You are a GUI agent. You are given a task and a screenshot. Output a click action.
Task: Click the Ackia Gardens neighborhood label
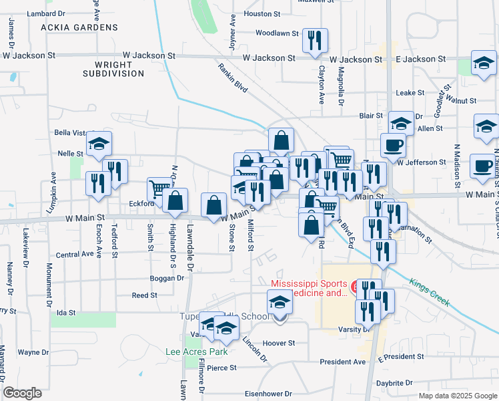(x=79, y=27)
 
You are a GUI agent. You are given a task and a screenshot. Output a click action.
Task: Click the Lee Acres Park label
(x=197, y=352)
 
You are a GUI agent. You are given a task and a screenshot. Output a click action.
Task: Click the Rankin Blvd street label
(x=232, y=77)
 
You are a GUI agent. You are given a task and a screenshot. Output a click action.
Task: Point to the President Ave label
(x=343, y=362)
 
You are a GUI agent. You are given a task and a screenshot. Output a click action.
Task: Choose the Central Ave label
(x=75, y=255)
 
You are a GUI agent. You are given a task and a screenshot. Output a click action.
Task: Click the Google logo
(x=22, y=393)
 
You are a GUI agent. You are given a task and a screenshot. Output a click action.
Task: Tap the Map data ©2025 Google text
(x=457, y=396)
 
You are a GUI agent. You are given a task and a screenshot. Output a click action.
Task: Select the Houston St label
(x=262, y=13)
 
